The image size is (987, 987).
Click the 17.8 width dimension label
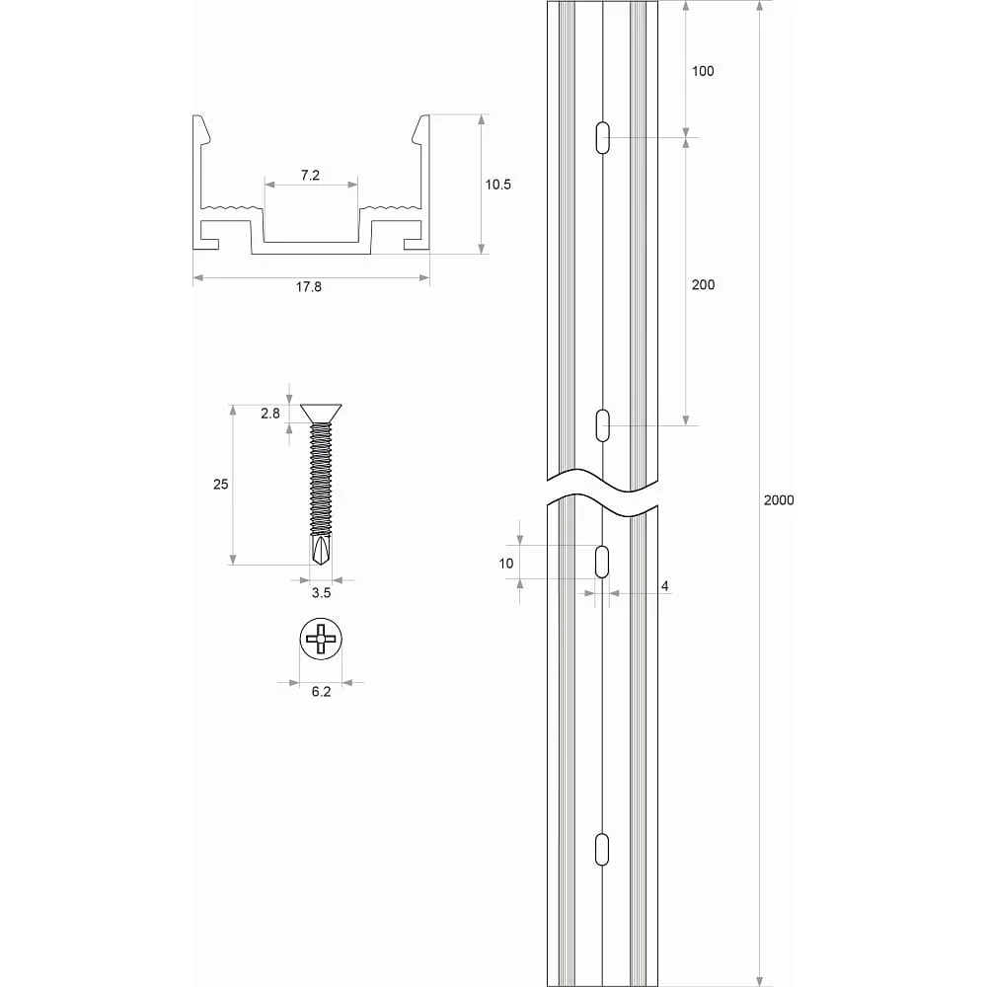click(x=308, y=286)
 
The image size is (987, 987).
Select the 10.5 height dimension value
click(x=497, y=185)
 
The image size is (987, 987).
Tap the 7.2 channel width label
click(x=310, y=176)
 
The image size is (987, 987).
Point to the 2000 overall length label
click(x=779, y=499)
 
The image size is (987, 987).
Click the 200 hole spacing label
click(x=703, y=284)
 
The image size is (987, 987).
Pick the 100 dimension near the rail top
click(x=703, y=71)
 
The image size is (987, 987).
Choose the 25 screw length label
click(x=221, y=484)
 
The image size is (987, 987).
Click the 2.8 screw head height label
click(x=270, y=414)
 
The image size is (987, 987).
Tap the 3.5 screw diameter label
click(x=321, y=592)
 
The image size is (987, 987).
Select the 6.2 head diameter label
click(x=321, y=692)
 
